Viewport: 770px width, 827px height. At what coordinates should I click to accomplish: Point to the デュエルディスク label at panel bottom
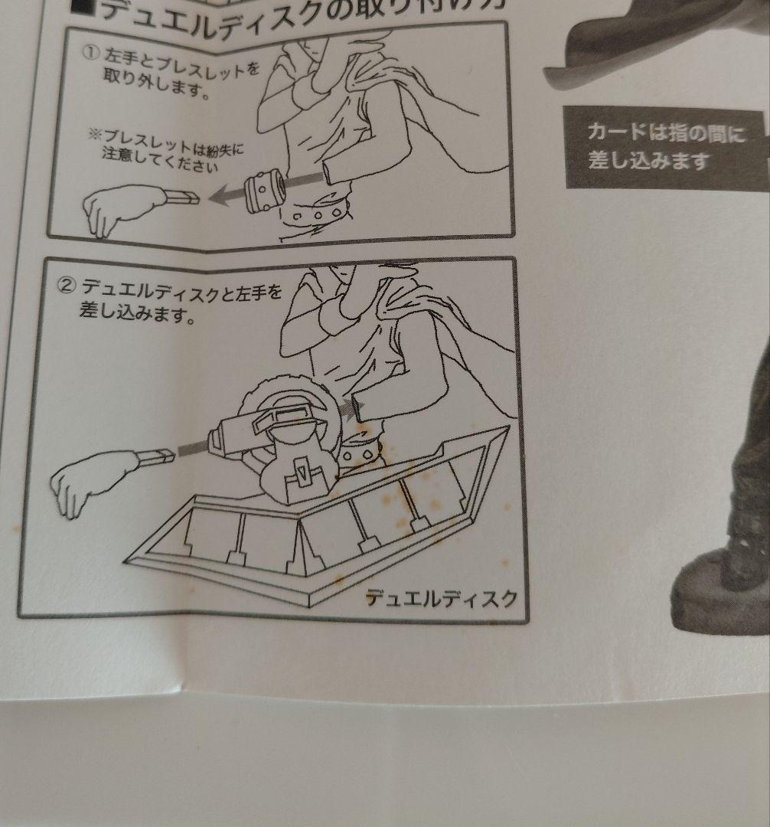(x=441, y=597)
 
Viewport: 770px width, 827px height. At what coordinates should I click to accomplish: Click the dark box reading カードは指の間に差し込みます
(x=664, y=146)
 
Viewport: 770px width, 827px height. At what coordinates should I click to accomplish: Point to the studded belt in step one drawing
(x=314, y=214)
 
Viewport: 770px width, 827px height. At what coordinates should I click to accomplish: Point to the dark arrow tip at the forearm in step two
(x=354, y=407)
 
